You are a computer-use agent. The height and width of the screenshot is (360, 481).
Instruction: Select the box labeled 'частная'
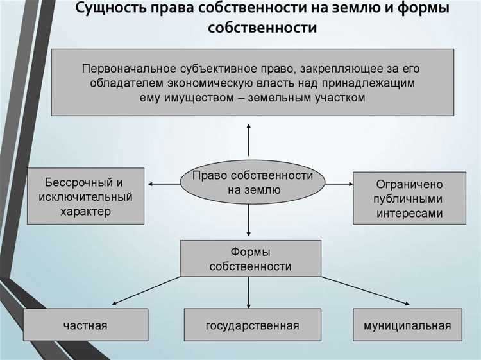[x=85, y=325]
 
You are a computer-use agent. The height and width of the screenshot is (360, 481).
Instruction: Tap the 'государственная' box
[x=252, y=325]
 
